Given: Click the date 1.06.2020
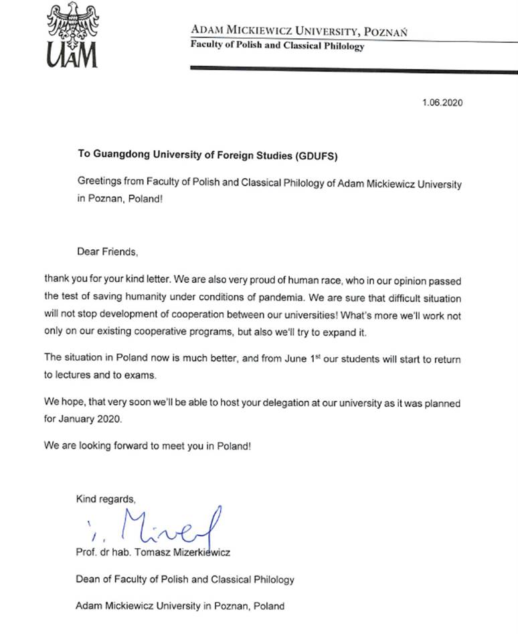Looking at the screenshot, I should pyautogui.click(x=442, y=103).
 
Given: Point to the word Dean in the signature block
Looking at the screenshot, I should pyautogui.click(x=88, y=579).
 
